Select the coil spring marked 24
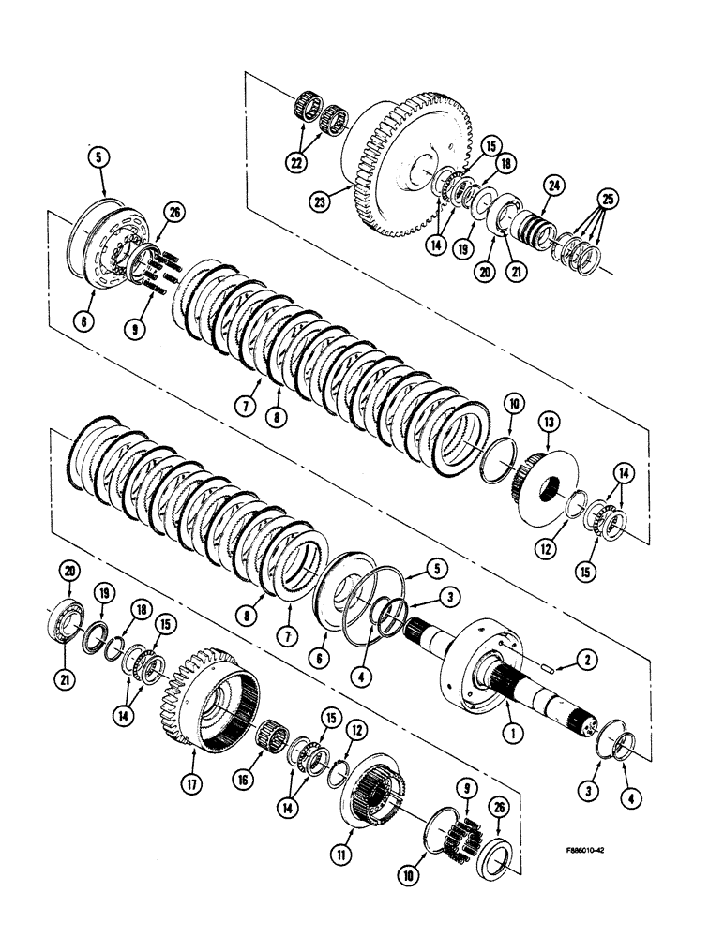point(537,229)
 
